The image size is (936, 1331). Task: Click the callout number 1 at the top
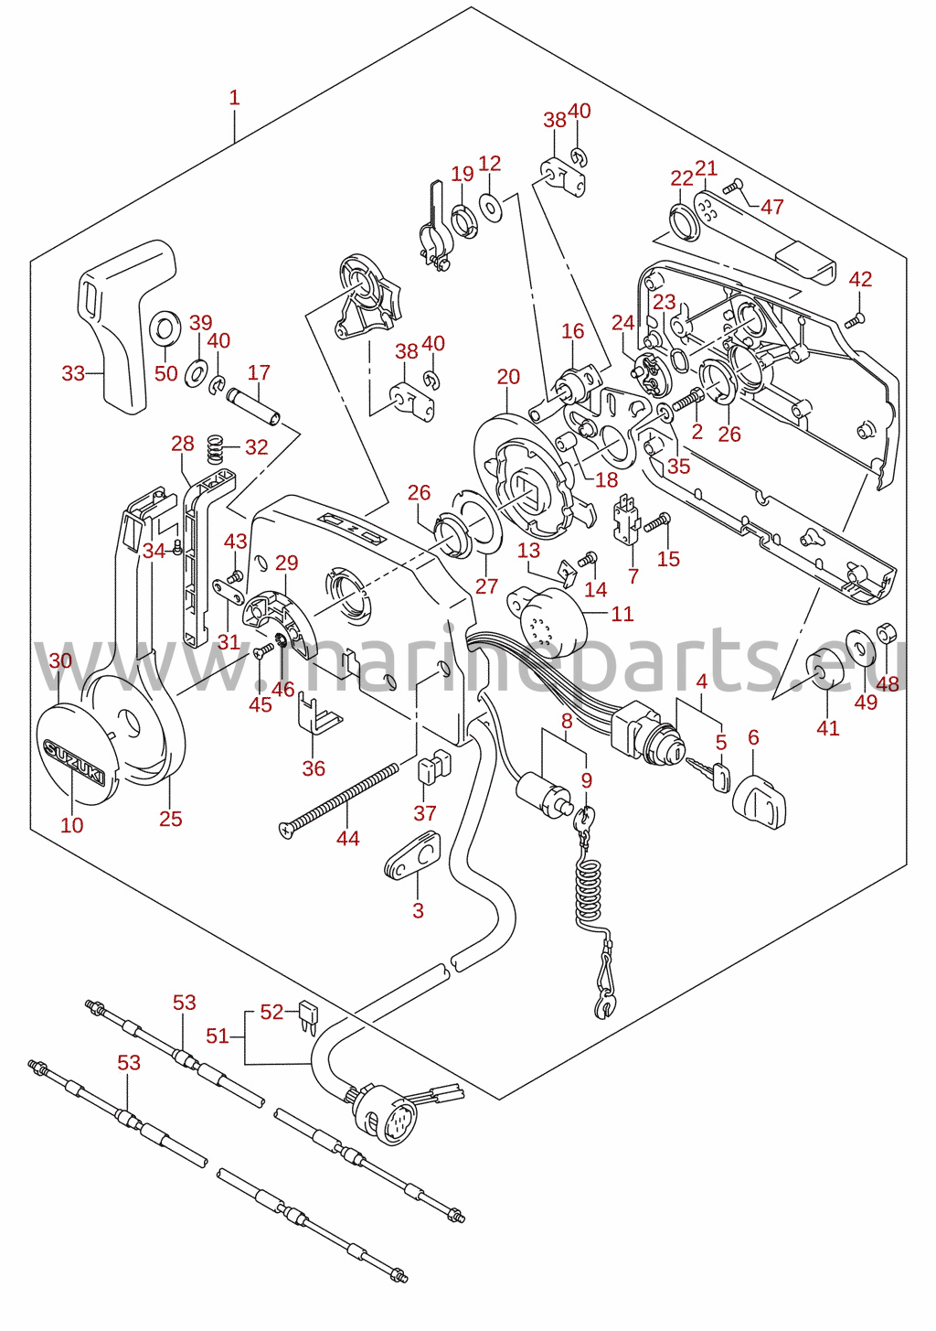[235, 98]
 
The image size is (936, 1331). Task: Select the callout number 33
[74, 373]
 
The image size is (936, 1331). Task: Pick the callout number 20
[508, 376]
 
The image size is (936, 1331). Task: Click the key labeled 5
[708, 774]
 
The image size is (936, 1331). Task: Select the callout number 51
[218, 1036]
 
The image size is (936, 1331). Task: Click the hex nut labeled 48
[886, 633]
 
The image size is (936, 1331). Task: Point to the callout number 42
[860, 279]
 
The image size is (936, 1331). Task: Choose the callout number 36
[314, 767]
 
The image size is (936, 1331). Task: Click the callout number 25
[170, 818]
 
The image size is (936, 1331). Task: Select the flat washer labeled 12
[491, 207]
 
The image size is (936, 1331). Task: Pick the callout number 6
[753, 737]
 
